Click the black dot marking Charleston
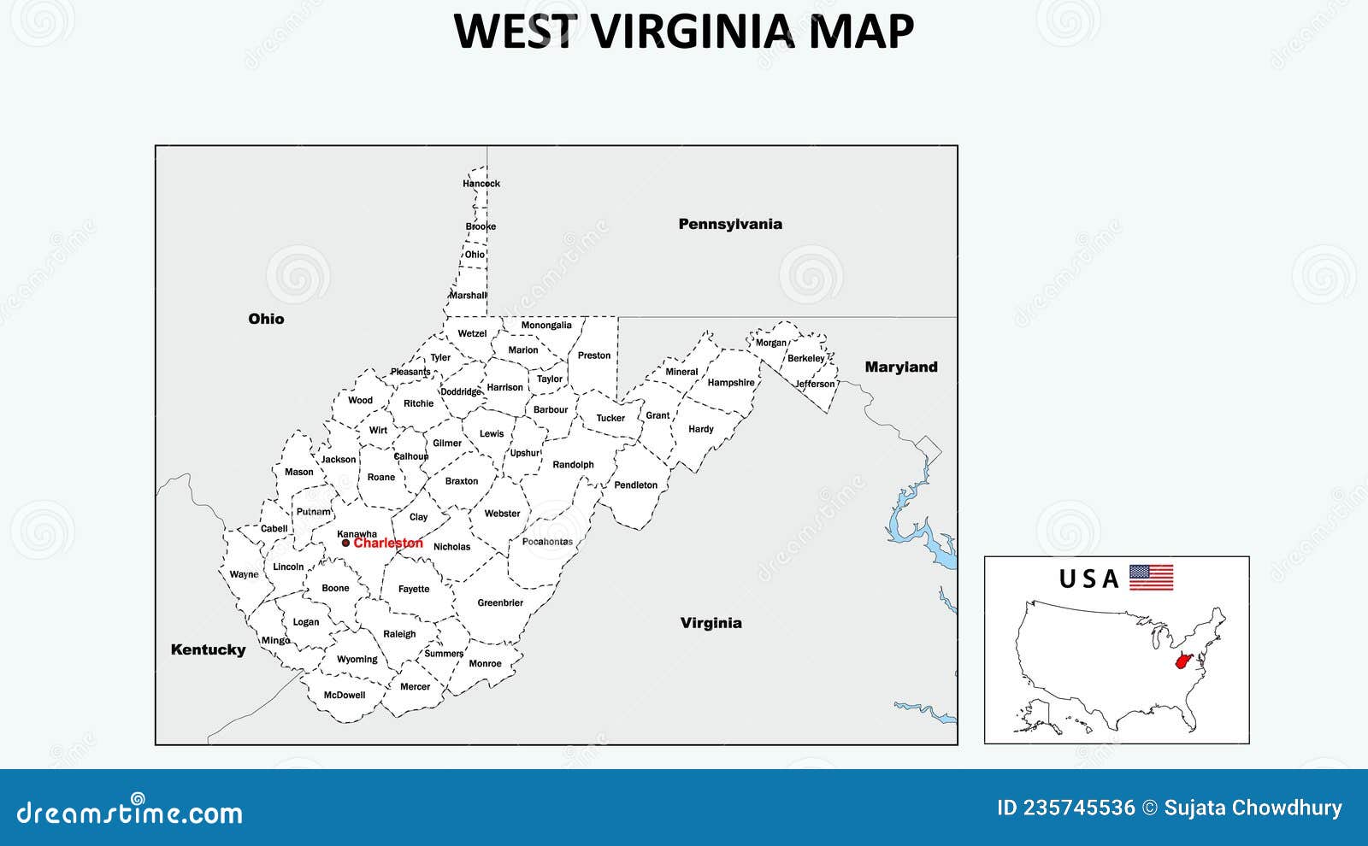click(x=345, y=543)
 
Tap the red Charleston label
click(x=388, y=543)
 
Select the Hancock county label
click(x=481, y=184)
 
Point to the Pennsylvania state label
click(x=730, y=224)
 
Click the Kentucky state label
click(x=208, y=649)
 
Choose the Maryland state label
click(x=901, y=367)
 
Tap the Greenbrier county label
click(x=500, y=602)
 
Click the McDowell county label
click(x=345, y=695)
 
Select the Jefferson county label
click(x=815, y=384)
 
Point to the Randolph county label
click(x=573, y=465)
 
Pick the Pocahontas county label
click(x=547, y=542)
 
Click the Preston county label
click(x=594, y=355)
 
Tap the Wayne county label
click(x=244, y=574)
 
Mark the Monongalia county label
click(x=546, y=325)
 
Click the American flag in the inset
click(x=1151, y=578)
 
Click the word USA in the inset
click(x=1088, y=579)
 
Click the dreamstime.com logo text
click(x=129, y=812)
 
